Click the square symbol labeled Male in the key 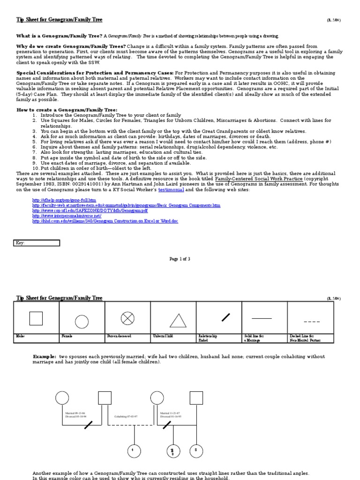tap(36, 318)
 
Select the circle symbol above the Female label tap(82, 322)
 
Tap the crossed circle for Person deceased tap(127, 319)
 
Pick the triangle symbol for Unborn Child tap(178, 321)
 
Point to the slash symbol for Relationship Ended tap(226, 317)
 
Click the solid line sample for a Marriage tap(262, 318)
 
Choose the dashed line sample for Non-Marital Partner tap(312, 322)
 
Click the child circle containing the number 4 tap(134, 451)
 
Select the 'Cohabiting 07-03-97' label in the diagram tap(126, 416)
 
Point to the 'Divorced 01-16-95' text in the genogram tap(171, 416)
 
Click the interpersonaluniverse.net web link tap(67, 216)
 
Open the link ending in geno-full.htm tap(64, 200)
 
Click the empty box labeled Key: tap(37, 243)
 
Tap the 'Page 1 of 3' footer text tap(180, 259)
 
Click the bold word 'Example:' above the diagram tap(45, 357)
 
